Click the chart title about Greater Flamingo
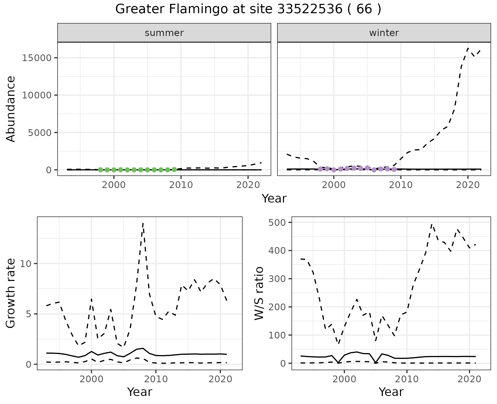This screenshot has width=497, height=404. tap(248, 9)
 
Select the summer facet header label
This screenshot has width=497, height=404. tap(164, 33)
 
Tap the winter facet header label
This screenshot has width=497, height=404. tap(384, 33)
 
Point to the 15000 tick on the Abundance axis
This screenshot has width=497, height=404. tap(37, 58)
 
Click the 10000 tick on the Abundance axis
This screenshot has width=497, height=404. tap(37, 95)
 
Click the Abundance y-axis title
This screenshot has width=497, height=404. tap(11, 109)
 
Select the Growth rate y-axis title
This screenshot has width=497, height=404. tap(11, 293)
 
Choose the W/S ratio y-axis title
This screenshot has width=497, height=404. tap(259, 293)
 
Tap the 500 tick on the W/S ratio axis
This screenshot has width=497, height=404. tap(276, 222)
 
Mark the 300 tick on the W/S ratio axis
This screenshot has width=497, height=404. tap(276, 279)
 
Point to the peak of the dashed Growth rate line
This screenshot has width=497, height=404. tap(143, 223)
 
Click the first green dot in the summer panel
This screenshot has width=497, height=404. tap(100, 170)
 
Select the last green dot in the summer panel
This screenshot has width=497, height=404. tap(174, 170)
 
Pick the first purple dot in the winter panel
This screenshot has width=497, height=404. tap(320, 169)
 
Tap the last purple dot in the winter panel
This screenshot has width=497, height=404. tap(394, 169)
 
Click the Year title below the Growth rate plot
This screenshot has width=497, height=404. tap(140, 392)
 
